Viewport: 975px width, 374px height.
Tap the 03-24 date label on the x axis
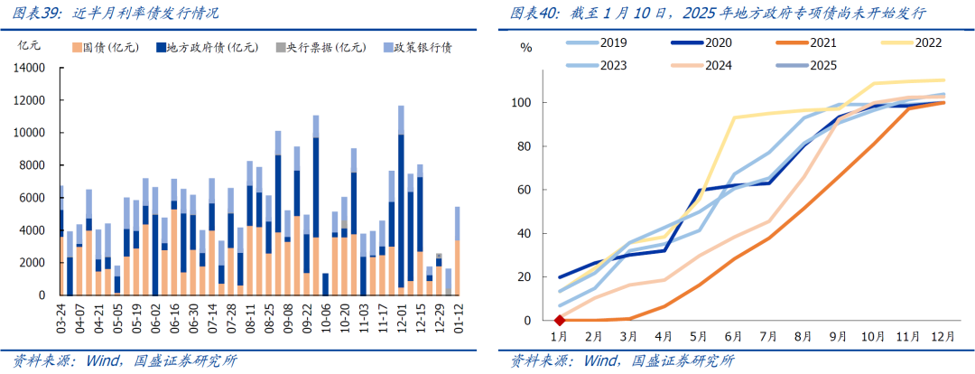coord(60,316)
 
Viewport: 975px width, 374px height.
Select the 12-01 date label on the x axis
coord(399,316)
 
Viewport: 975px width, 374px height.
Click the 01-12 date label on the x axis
coord(458,316)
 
